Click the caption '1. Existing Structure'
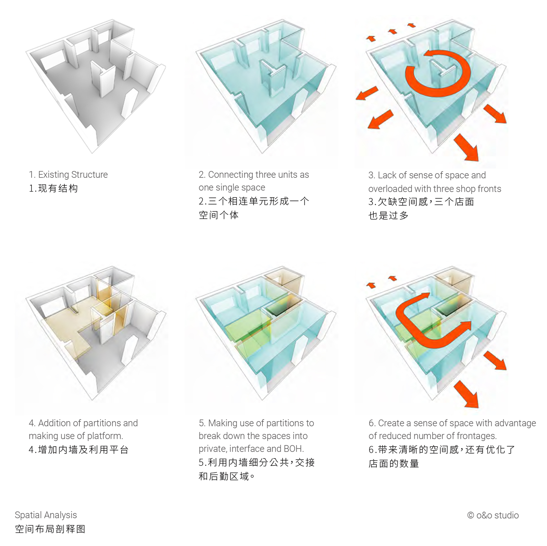tap(68, 175)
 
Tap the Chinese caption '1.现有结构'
tap(53, 188)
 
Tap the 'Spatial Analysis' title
tap(46, 515)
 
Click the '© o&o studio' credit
tap(493, 515)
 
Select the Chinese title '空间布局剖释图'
tap(50, 529)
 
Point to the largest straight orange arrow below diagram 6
tap(466, 394)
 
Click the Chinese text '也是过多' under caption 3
tap(388, 216)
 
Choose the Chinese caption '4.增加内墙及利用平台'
tap(79, 450)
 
